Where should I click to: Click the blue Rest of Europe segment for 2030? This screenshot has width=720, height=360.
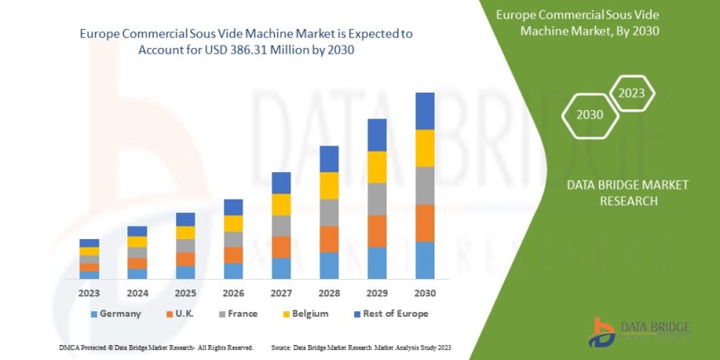pos(425,111)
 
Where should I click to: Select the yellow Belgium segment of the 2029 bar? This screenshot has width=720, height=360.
pos(377,167)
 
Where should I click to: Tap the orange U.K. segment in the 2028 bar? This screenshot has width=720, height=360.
pos(329,239)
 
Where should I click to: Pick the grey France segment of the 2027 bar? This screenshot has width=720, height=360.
pos(281,226)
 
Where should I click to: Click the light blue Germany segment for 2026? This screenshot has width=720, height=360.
pos(233,271)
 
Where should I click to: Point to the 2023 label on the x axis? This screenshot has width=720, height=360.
pos(89,292)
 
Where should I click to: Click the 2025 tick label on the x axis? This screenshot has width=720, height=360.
pos(185,292)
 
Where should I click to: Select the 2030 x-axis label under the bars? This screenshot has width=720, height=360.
pos(425,292)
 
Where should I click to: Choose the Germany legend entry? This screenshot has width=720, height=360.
pos(115,314)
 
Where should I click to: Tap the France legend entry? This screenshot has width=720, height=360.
pos(237,314)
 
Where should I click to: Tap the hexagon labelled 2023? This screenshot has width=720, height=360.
pos(631,93)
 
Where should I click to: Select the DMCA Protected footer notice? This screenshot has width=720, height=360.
pos(156,348)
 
